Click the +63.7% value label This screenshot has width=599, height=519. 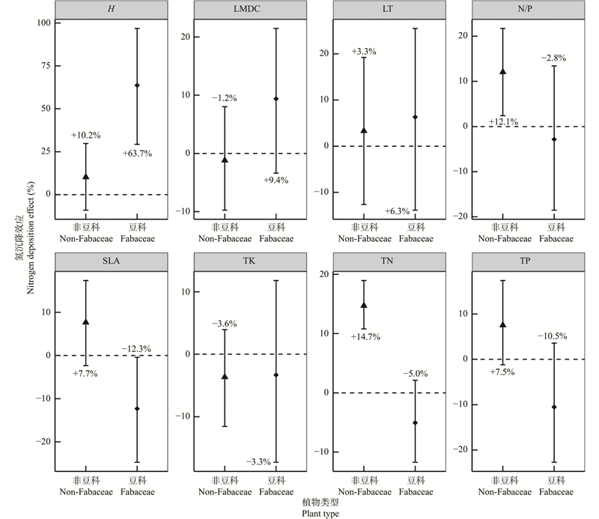pos(138,154)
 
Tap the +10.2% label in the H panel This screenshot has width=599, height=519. pos(85,136)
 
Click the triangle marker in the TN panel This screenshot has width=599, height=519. pos(364,306)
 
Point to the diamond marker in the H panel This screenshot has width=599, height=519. pos(137,85)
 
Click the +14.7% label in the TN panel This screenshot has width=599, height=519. pos(365,337)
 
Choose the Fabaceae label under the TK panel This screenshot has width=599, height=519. pos(276,492)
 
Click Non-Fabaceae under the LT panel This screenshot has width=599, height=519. pos(364,239)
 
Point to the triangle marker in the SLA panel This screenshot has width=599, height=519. pos(85,322)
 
